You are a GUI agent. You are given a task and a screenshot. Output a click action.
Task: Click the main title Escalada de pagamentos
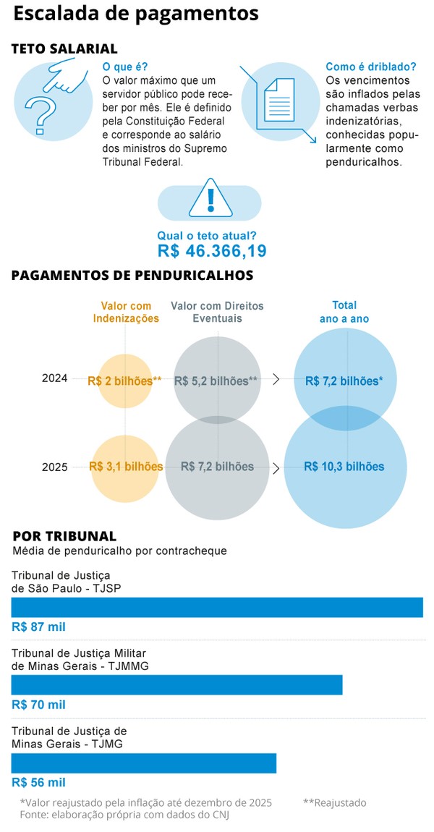click(x=136, y=14)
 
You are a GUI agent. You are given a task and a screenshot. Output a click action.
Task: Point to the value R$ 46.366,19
click(x=212, y=251)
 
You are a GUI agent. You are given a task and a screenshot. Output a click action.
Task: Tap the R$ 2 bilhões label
click(x=124, y=381)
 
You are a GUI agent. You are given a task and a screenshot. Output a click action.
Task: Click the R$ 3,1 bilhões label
click(x=126, y=467)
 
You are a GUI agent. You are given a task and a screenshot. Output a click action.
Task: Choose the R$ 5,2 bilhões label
click(x=216, y=381)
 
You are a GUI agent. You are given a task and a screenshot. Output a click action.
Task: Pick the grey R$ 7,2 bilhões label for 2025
click(x=217, y=467)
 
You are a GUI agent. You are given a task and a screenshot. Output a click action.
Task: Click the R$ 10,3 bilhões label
click(x=344, y=467)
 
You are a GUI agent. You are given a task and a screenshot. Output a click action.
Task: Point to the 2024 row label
click(x=54, y=378)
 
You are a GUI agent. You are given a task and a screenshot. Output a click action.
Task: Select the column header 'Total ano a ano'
click(x=344, y=312)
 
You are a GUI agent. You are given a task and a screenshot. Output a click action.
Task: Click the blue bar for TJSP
click(x=217, y=608)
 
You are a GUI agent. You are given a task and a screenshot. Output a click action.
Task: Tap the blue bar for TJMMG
click(x=176, y=685)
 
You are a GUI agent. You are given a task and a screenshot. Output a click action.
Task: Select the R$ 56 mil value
click(x=38, y=782)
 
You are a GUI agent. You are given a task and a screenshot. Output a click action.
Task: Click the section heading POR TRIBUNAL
click(x=64, y=536)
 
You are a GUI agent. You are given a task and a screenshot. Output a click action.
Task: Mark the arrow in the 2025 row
click(x=276, y=468)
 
